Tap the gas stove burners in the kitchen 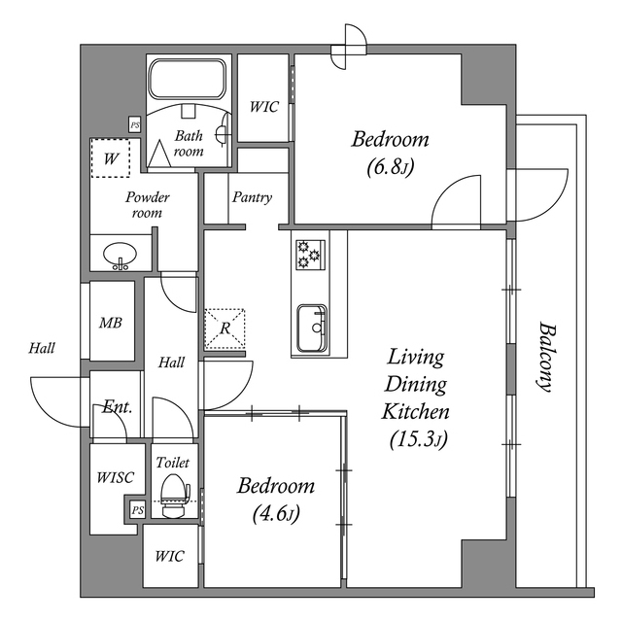coord(308,255)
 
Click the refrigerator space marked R coord(225,328)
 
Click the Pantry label coord(252,197)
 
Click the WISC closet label coord(114,477)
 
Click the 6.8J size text coord(391,168)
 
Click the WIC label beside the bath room coord(264,107)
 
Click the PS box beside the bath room coord(135,124)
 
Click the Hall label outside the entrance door coord(42,348)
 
